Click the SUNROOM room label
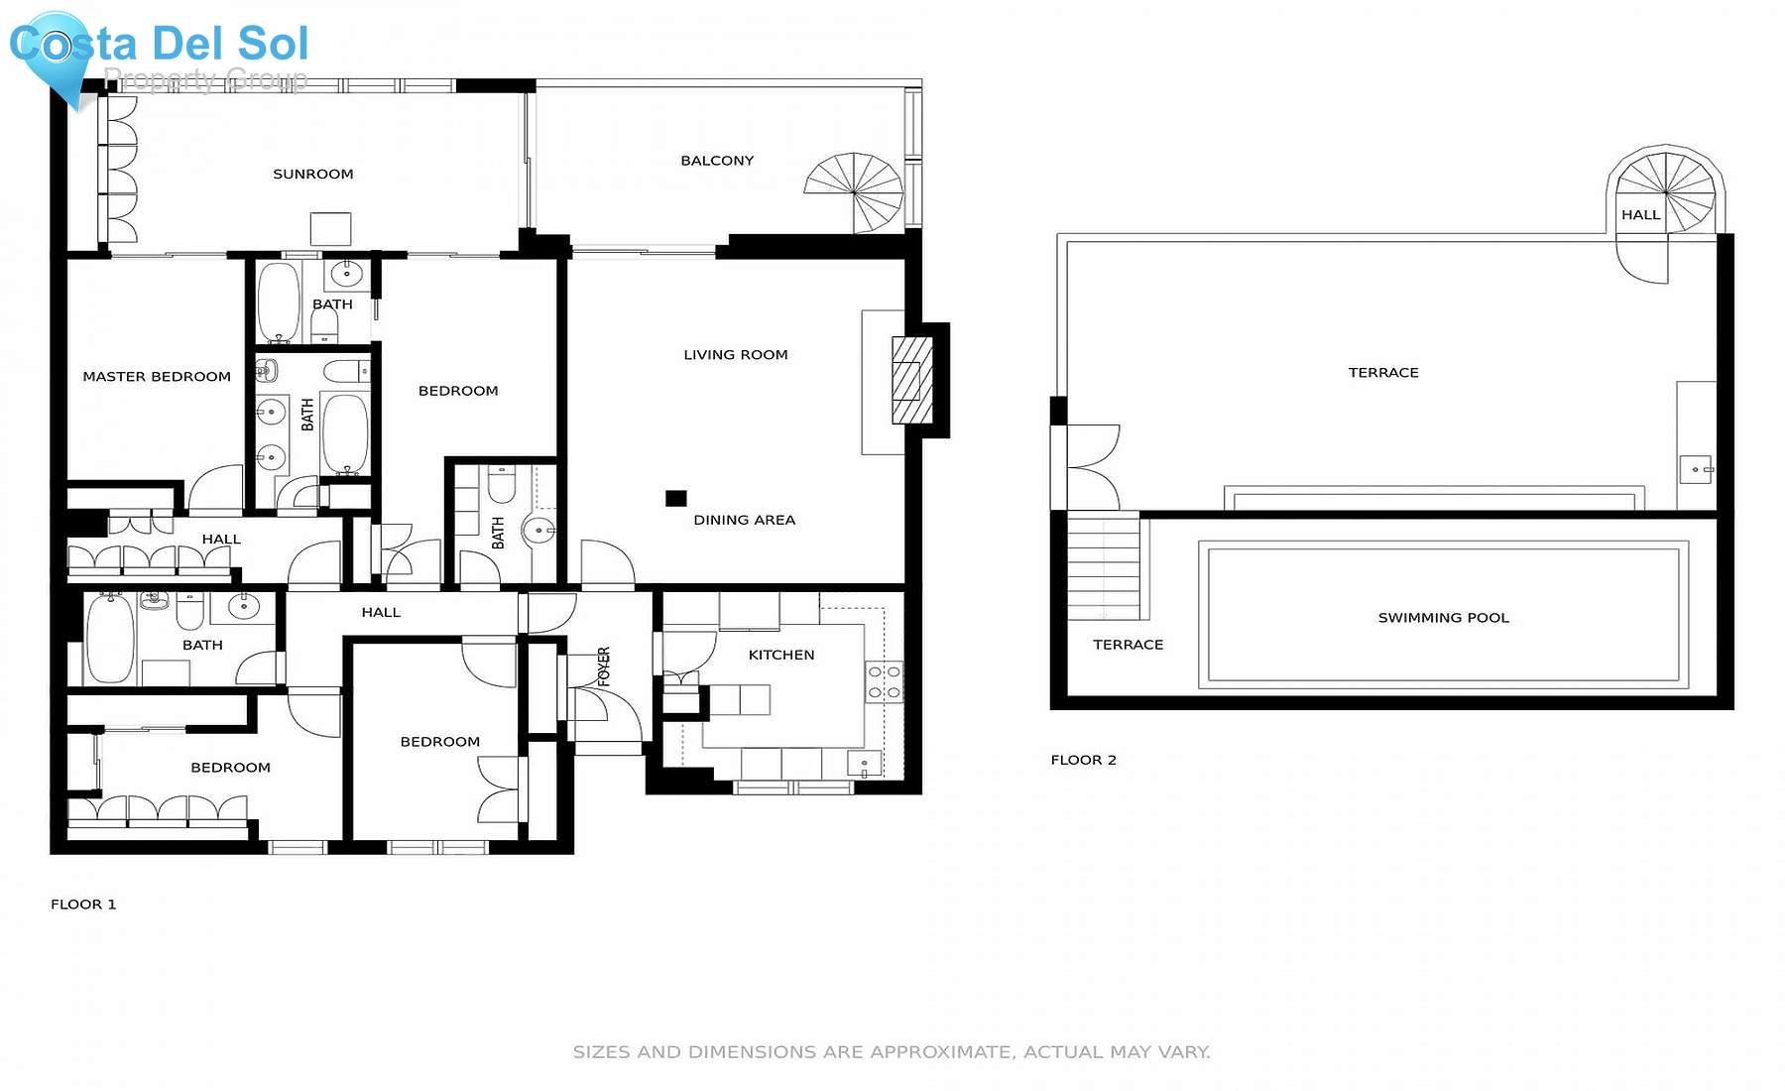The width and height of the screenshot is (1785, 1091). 313,174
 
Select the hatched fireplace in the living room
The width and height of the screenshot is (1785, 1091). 911,381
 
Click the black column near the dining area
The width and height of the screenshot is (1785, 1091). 675,498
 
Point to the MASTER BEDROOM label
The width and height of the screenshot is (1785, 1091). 157,377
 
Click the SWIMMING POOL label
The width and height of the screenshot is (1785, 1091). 1443,618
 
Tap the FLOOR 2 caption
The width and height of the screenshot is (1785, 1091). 1083,760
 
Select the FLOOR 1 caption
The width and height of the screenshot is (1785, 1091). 83,905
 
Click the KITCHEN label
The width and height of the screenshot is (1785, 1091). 781,655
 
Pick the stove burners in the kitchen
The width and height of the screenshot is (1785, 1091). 884,681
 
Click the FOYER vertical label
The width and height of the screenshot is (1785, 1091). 604,667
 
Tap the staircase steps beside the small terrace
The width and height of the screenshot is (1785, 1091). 1104,565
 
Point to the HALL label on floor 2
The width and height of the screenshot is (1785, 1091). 1640,214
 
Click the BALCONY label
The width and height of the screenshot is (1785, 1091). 717,161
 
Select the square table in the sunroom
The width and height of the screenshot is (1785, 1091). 330,229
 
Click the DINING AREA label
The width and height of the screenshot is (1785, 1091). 744,520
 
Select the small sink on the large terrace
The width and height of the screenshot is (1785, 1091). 1695,469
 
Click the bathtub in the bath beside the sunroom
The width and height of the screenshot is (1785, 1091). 279,303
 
